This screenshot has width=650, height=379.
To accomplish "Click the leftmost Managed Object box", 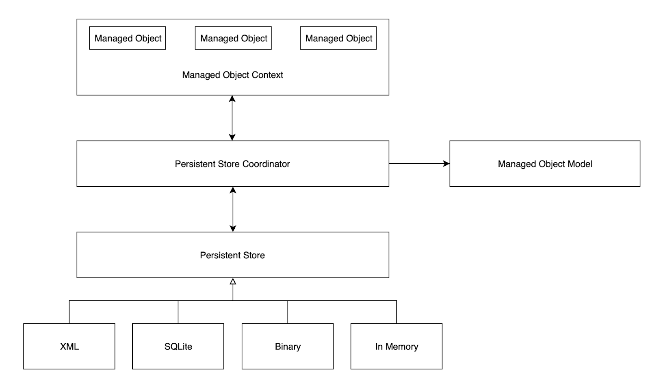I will click(127, 38).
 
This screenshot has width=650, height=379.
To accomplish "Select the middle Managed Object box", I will click(233, 38).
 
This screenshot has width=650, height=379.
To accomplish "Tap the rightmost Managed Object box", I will click(338, 38).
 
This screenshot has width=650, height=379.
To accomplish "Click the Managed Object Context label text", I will click(232, 75).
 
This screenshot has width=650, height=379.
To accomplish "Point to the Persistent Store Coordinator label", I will click(232, 164).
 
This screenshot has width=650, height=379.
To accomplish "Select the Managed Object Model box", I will click(544, 164).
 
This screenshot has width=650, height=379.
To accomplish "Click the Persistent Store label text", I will click(232, 255).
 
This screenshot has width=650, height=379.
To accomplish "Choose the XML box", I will click(69, 346).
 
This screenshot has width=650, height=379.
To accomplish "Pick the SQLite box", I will click(178, 346).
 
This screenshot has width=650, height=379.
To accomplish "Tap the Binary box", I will click(288, 346).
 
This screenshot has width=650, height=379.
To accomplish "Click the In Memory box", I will click(396, 346).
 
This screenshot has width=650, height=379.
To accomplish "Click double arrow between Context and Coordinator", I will click(232, 118).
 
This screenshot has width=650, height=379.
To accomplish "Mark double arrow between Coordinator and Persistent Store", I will click(233, 209).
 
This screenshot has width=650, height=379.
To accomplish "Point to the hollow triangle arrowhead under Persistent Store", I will click(233, 281).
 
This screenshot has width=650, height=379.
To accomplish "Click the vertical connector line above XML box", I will click(69, 312).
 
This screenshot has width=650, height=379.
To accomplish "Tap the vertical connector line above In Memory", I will click(396, 312).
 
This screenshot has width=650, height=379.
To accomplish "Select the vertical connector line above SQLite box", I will click(178, 312).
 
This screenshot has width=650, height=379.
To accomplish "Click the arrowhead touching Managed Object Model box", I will click(446, 164).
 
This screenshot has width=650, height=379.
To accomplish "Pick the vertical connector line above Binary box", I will click(288, 312).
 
